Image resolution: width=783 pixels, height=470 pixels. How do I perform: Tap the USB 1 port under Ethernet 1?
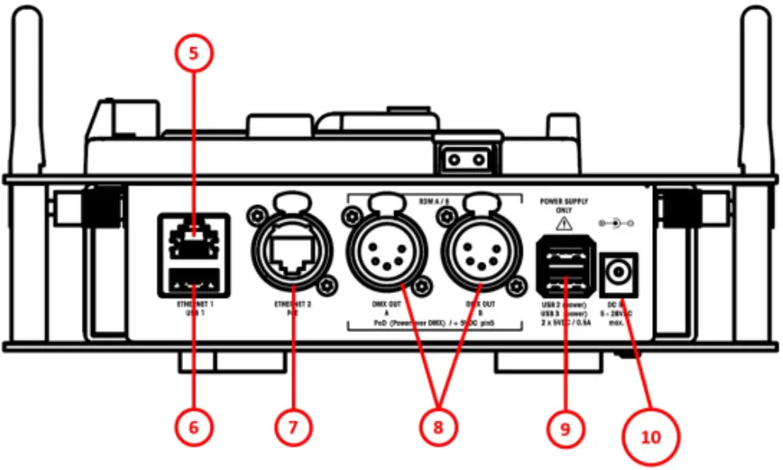pos(194,278)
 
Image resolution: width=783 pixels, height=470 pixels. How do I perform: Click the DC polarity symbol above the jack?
pos(615,223)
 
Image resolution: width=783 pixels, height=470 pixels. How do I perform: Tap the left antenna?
pos(25,86)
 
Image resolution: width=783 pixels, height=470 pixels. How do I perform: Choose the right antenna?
pos(756,86)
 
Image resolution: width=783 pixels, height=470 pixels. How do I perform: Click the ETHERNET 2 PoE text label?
pos(292,308)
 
